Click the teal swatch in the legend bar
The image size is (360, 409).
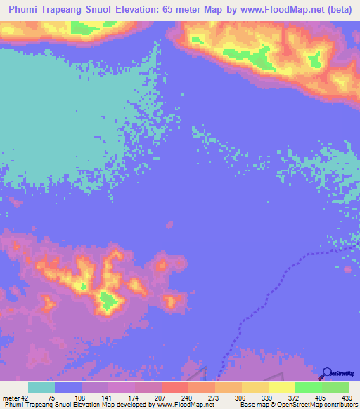pos(41,388)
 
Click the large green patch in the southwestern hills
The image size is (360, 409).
pos(108,302)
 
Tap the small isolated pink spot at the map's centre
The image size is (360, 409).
pos(169,225)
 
